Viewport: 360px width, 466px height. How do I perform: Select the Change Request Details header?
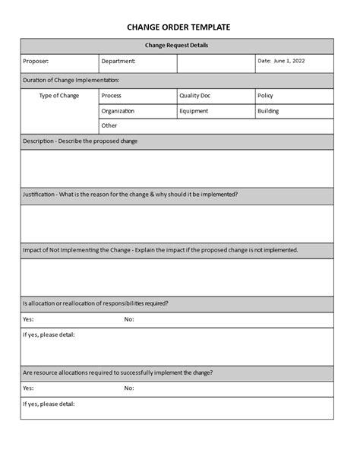[176, 46]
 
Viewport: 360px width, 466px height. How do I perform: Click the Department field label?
[118, 61]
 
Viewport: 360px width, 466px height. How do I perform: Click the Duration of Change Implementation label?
[71, 80]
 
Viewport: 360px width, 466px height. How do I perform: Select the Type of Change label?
[58, 96]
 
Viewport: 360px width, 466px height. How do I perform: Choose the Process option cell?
[112, 96]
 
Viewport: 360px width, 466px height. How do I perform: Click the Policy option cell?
[266, 96]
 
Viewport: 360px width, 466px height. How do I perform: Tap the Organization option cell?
[118, 111]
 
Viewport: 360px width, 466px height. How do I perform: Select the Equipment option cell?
[194, 111]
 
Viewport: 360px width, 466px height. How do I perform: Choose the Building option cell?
[268, 111]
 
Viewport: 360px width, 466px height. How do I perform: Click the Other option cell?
[110, 125]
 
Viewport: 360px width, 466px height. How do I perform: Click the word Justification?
[39, 194]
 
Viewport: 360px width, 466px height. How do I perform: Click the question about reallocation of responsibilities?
[96, 303]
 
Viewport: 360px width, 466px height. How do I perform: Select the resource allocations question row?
[118, 372]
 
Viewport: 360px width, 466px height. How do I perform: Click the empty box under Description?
[176, 168]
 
